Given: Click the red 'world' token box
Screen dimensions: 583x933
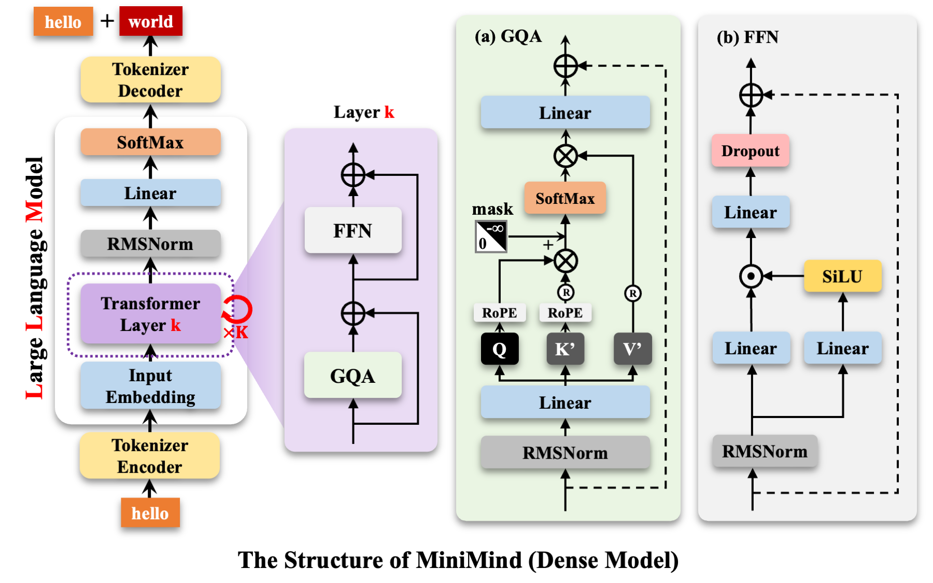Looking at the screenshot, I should pyautogui.click(x=150, y=22).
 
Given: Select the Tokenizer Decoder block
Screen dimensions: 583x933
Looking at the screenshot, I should pyautogui.click(x=150, y=80).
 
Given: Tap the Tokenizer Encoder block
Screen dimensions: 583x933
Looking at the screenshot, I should pyautogui.click(x=150, y=456).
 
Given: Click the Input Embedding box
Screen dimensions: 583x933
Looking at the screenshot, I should pyautogui.click(x=150, y=386).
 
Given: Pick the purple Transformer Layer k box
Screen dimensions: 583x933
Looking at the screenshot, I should pyautogui.click(x=150, y=314).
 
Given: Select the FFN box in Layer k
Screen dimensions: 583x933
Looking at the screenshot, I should pyautogui.click(x=353, y=230).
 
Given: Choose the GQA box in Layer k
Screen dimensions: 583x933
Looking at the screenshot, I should pyautogui.click(x=353, y=376).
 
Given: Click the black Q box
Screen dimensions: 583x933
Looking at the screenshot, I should pyautogui.click(x=499, y=349).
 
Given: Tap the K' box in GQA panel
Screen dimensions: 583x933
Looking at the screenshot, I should pyautogui.click(x=565, y=349).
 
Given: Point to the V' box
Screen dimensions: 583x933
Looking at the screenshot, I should pyautogui.click(x=632, y=349).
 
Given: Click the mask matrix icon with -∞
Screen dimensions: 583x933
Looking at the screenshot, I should pyautogui.click(x=491, y=237).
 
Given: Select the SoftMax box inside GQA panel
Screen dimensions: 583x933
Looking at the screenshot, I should pyautogui.click(x=565, y=198).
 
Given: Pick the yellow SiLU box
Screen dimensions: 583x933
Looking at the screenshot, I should pyautogui.click(x=842, y=276).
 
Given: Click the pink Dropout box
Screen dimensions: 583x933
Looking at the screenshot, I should pyautogui.click(x=750, y=151).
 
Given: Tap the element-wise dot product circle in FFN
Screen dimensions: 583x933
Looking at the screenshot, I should pyautogui.click(x=751, y=276).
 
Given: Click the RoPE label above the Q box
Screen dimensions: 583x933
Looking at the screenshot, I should pyautogui.click(x=499, y=313).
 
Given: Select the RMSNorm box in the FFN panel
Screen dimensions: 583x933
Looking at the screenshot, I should pyautogui.click(x=765, y=451).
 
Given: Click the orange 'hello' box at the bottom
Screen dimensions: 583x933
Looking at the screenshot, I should pyautogui.click(x=150, y=513).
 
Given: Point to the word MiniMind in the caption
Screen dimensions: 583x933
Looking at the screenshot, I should pyautogui.click(x=469, y=560).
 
